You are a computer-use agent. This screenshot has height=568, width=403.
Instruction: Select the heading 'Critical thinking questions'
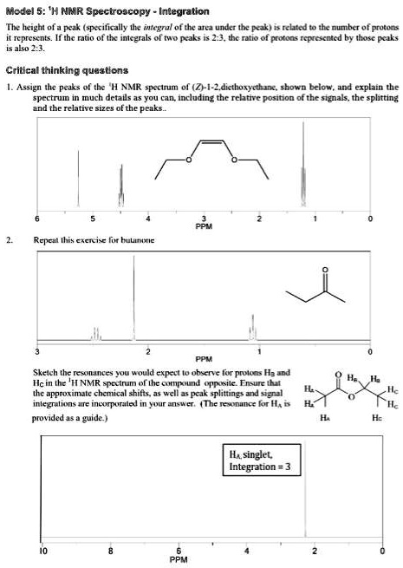(x=67, y=69)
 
